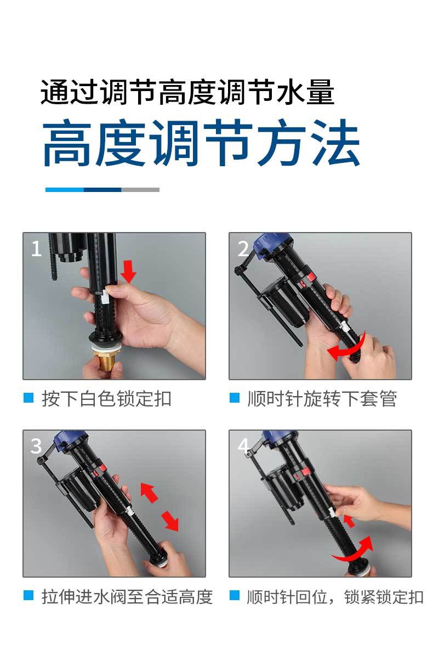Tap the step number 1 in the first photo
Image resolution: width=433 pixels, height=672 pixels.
pos(36,249)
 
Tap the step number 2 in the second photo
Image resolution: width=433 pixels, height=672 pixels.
pos(243,249)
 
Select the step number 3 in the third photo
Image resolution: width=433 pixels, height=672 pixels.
pos(36,446)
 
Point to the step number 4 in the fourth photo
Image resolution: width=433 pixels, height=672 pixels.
pos(243,446)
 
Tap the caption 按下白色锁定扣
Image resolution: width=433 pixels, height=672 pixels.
pos(106,399)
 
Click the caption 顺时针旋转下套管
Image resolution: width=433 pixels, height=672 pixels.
pos(322,399)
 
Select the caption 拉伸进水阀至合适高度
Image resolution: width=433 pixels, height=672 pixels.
pos(127,597)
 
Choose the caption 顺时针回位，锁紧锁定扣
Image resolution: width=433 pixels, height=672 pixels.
pos(335,597)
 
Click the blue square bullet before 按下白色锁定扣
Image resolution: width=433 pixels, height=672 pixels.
pos(29,398)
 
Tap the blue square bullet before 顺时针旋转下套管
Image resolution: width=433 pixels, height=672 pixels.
pos(235,398)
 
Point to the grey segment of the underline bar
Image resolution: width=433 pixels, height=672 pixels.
pos(140,190)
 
